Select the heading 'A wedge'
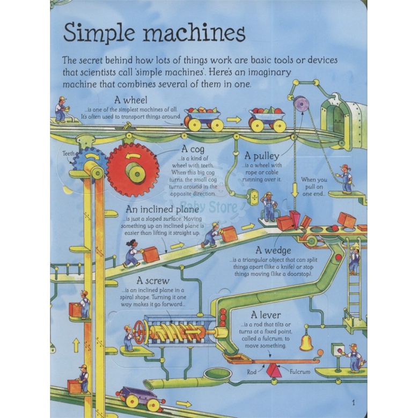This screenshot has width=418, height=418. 274,250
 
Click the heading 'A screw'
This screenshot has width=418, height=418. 153,281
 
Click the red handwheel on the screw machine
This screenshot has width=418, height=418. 139,333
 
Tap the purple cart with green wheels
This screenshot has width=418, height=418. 140,398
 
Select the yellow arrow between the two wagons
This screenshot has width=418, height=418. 233,120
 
